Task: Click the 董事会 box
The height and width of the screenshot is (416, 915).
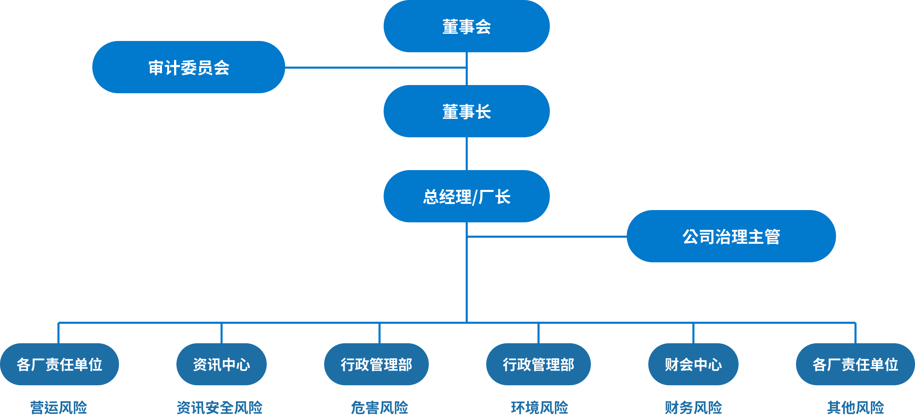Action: [466, 26]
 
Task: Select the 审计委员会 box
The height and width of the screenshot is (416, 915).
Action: [189, 67]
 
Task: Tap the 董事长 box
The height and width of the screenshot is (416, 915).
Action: [466, 111]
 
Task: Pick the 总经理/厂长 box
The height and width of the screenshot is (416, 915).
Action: [466, 196]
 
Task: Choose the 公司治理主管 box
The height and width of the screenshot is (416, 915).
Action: [731, 236]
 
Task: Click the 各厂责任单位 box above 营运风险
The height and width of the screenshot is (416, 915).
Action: [59, 364]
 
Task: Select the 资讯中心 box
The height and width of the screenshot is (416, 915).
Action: [221, 364]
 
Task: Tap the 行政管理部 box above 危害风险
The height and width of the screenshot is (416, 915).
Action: [376, 364]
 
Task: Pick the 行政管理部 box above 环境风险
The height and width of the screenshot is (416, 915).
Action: [538, 364]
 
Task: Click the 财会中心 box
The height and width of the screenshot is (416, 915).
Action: [693, 364]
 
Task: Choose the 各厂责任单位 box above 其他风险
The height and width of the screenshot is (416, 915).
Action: [855, 364]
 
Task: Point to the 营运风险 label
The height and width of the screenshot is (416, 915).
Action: [58, 407]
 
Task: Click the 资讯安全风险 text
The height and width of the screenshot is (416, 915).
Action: [220, 407]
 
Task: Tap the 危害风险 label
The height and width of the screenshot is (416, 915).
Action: [379, 407]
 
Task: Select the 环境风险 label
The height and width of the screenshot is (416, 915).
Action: [539, 407]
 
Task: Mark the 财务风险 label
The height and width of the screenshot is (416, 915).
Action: [693, 407]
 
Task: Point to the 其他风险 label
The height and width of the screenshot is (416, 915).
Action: [855, 407]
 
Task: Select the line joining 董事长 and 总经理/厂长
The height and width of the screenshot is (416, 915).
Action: [467, 154]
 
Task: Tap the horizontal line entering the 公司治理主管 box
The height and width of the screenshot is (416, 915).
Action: [547, 236]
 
